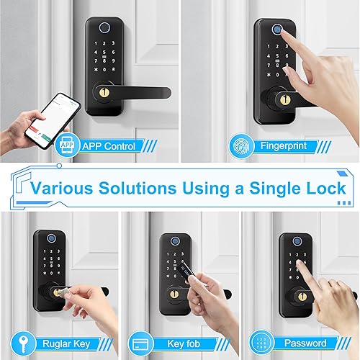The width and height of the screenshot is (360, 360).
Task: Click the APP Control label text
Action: click(x=109, y=146)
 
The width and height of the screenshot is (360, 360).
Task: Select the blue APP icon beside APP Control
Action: click(x=67, y=146)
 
